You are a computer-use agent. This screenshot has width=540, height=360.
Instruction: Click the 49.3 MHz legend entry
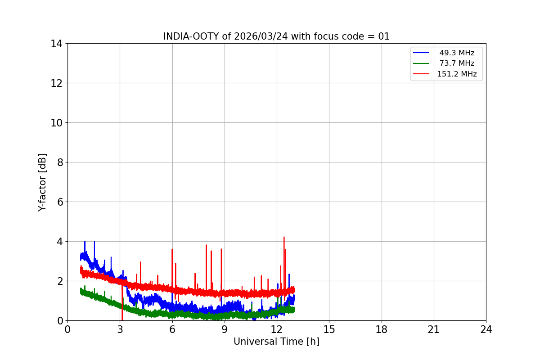pos(457,53)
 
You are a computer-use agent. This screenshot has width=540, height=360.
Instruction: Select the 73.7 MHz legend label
pos(457,63)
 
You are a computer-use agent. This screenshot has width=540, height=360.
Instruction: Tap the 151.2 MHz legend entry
pos(457,74)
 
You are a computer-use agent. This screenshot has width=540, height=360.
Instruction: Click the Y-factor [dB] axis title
pos(42,182)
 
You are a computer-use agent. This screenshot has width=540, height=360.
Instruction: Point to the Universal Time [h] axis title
pos(276,342)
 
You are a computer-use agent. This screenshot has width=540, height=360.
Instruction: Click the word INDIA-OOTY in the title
pos(191,36)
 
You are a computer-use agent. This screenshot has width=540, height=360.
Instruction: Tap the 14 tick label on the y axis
pos(57,44)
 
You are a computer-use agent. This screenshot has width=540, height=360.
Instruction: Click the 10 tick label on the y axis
pos(57,123)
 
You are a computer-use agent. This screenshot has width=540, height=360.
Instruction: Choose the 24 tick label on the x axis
pos(486,329)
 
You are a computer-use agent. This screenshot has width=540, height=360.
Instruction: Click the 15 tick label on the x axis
pos(329,329)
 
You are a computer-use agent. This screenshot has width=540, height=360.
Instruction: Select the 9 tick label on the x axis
pos(225,329)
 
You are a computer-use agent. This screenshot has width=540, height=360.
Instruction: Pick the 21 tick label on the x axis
pos(434,329)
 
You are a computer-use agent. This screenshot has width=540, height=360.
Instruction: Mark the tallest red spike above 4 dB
pos(284,237)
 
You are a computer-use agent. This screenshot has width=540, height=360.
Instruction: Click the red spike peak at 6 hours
pos(172,249)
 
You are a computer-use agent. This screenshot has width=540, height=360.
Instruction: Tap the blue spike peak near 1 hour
pos(85,242)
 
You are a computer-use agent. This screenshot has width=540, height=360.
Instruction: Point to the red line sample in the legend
pos(421,74)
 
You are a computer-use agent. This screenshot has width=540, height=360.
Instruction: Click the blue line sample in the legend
pos(421,53)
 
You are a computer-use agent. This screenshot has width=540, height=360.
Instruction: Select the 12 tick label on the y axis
pos(57,83)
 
